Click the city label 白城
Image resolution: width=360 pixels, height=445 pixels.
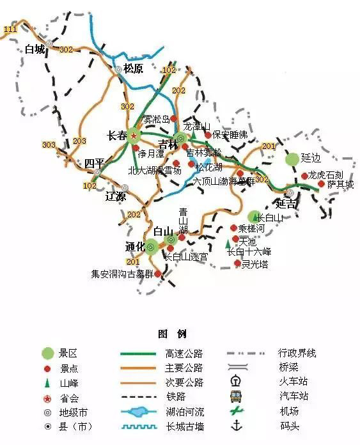tap(35, 49)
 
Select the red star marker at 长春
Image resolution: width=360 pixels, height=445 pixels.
tap(134, 135)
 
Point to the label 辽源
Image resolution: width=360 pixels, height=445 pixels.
tap(116, 196)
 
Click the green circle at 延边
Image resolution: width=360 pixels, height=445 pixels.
tap(292, 158)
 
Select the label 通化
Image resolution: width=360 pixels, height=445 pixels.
tap(135, 246)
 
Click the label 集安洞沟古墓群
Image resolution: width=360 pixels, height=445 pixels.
tap(122, 274)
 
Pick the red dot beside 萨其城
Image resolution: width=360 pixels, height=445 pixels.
tap(321, 183)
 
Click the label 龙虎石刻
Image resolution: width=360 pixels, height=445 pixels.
tap(325, 175)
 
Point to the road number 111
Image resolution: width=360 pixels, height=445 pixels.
tap(10, 29)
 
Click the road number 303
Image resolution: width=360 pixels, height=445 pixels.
tap(49, 145)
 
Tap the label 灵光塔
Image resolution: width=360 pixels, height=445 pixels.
tap(254, 263)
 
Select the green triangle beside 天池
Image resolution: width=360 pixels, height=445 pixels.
tap(228, 244)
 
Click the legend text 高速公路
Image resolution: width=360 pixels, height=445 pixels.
tap(184, 353)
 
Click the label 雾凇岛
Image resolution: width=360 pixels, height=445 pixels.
tap(156, 120)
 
